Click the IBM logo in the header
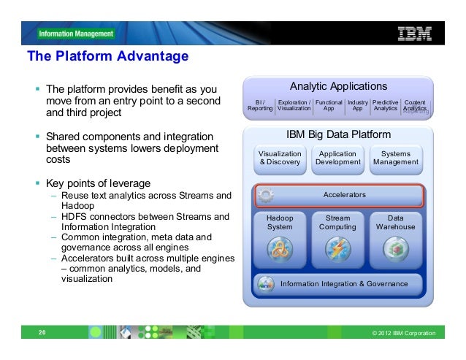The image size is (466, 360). [x=414, y=33]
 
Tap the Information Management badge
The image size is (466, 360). [x=77, y=34]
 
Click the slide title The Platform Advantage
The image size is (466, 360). [x=107, y=56]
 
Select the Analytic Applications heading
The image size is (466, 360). [x=339, y=86]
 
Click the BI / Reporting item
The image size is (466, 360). [x=260, y=104]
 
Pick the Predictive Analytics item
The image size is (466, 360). [x=385, y=104]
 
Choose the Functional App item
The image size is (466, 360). [x=329, y=104]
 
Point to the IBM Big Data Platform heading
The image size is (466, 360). [x=338, y=135]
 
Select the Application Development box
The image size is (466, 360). [x=337, y=158]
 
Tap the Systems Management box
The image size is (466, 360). [x=395, y=158]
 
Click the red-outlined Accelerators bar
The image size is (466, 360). [x=339, y=195]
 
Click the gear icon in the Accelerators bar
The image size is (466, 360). [x=265, y=195]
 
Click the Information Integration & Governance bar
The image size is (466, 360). [x=339, y=283]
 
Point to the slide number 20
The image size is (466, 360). [x=42, y=333]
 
